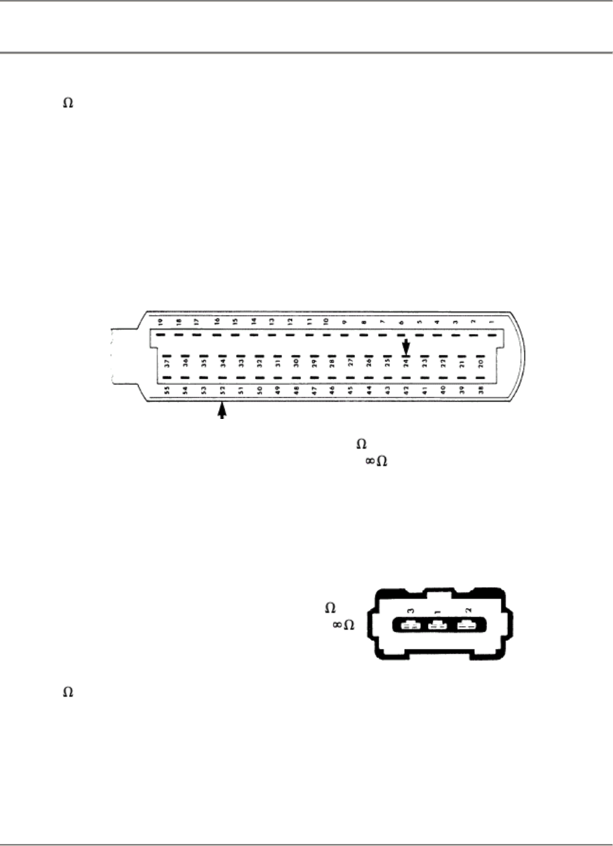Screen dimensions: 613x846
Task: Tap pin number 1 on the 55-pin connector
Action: point(491,322)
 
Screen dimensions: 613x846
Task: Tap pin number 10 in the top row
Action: point(326,322)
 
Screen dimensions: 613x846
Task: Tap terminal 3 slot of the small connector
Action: point(409,626)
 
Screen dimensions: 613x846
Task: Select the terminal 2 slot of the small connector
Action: point(466,626)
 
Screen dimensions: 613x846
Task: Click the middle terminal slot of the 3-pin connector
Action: point(437,626)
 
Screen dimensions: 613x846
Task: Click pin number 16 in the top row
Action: point(216,322)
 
